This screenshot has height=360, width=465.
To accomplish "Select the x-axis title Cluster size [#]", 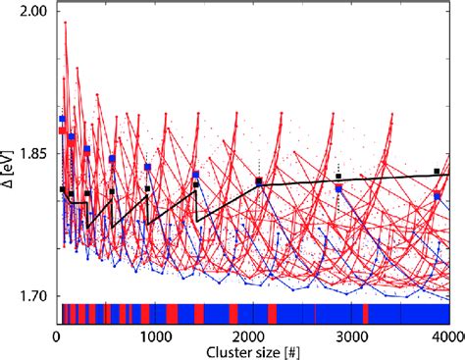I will pos(253,351).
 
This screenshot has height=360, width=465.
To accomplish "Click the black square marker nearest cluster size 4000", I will pos(437,172).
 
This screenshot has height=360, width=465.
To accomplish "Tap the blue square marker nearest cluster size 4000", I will pos(438,196).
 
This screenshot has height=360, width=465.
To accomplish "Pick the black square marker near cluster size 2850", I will pos(338,178).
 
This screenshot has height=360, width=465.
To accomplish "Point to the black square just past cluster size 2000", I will pos(259,181).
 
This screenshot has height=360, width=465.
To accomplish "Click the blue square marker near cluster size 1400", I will pos(196,176).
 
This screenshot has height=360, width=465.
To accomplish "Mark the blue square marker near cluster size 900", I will pos(148,168).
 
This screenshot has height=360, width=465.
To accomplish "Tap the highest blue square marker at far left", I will pos(63,120).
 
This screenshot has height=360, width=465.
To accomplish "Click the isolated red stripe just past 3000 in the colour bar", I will pos(365,313).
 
